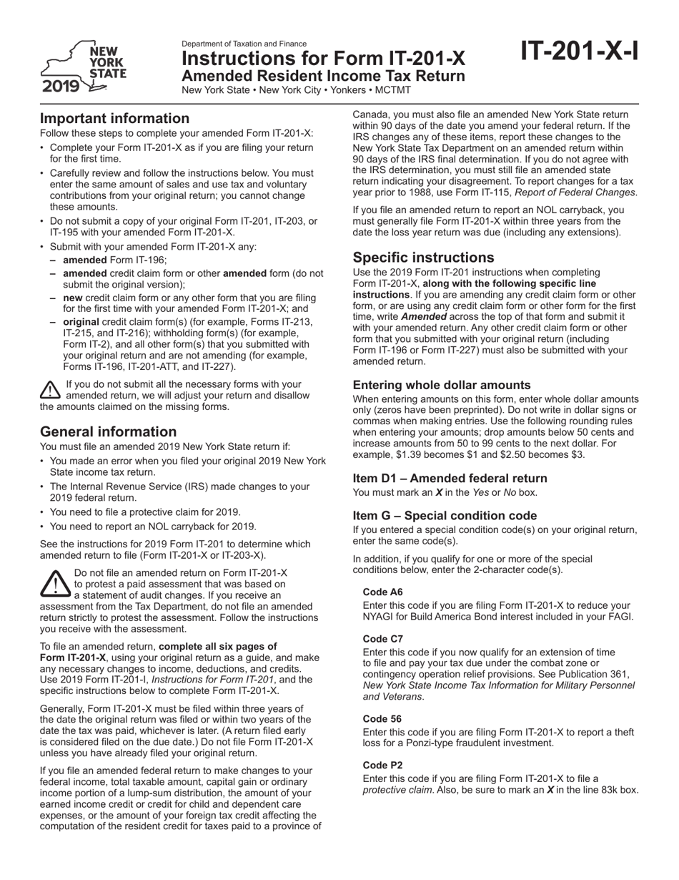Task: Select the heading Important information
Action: (114, 119)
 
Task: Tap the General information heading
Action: (108, 431)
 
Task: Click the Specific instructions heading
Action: (422, 258)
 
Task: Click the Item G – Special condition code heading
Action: (445, 515)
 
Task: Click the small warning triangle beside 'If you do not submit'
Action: (50, 389)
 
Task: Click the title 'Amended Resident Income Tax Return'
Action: (323, 76)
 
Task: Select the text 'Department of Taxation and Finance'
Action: (244, 44)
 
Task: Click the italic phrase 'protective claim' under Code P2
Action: (393, 790)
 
